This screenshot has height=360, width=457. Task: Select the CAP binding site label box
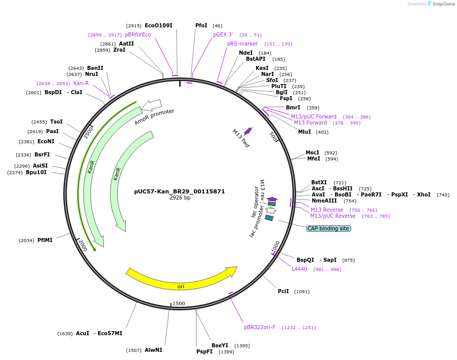point(328,229)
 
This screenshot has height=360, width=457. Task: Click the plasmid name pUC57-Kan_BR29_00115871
point(179,191)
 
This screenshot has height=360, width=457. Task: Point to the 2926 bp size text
point(180,198)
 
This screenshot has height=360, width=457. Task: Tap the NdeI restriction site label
point(245,53)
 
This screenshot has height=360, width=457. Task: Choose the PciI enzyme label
point(283,291)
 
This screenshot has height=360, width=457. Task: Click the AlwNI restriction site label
point(153,350)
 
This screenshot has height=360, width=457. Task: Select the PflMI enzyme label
point(45,240)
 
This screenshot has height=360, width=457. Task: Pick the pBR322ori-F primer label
point(260,327)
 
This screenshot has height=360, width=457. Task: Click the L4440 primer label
point(299,269)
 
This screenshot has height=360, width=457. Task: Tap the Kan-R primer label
point(81,83)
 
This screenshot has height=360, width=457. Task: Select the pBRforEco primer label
point(138,34)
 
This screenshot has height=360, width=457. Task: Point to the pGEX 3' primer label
point(223,34)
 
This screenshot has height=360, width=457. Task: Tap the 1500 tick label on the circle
point(179,303)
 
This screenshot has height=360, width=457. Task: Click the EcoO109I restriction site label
point(158,25)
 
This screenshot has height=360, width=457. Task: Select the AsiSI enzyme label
point(40,166)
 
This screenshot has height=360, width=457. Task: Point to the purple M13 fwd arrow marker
point(247,131)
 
